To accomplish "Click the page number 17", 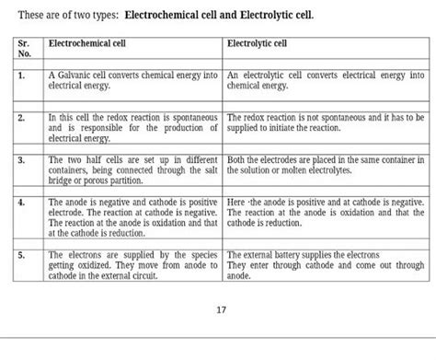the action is (x=220, y=309).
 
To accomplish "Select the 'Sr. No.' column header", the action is (x=25, y=48).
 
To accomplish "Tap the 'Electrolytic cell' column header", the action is (x=257, y=42).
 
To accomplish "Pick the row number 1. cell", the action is (x=21, y=75).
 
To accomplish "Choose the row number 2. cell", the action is (x=21, y=120).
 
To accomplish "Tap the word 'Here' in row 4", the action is (x=235, y=201).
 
